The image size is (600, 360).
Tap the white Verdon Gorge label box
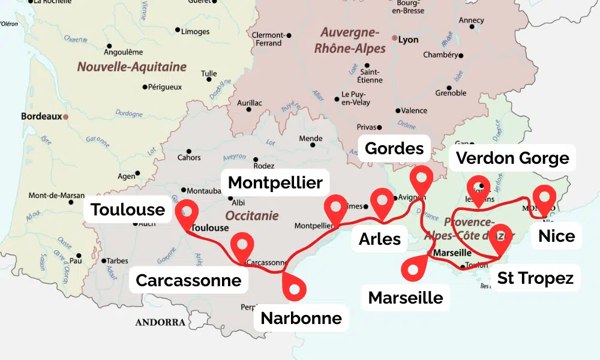[513, 158]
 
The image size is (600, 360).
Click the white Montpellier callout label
[275, 182]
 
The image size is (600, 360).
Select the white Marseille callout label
[406, 297]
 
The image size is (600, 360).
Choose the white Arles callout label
[380, 238]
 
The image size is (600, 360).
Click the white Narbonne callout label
[301, 318]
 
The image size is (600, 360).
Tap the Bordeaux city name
[41, 116]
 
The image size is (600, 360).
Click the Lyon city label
[408, 40]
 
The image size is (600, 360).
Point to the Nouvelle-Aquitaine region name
[131, 67]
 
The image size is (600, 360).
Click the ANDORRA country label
[160, 322]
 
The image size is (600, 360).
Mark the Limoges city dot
[178, 29]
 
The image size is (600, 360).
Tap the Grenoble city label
[451, 93]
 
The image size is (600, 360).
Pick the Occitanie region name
[252, 215]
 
